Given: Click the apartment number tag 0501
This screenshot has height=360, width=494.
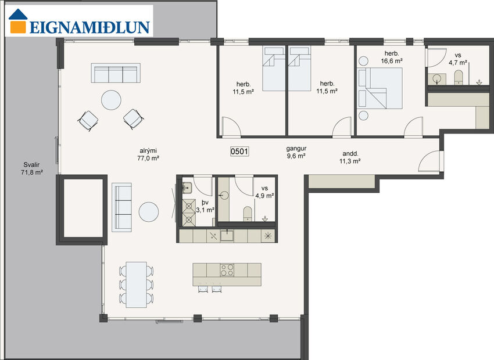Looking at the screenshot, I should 239,152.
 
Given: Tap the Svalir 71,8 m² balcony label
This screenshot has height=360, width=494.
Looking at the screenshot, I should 30,169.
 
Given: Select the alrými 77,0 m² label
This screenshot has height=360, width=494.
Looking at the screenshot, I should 148,154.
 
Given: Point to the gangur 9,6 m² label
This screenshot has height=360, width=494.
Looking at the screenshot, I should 296,152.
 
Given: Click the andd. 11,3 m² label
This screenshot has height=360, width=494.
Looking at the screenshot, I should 350,158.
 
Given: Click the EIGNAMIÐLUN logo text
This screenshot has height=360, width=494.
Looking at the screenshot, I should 90,27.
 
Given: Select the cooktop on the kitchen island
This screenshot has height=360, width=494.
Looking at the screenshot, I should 225,270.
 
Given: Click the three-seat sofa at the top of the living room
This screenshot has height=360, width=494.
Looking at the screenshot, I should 114,74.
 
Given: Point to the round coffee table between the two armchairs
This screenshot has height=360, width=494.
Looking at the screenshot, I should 111,100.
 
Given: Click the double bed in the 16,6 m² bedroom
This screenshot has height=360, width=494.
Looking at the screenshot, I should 381,87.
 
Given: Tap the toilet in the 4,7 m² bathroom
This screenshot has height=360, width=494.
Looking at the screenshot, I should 457,77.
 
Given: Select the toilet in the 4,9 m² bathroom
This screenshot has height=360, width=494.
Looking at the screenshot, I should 247,213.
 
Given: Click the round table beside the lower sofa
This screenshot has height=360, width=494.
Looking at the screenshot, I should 149,212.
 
